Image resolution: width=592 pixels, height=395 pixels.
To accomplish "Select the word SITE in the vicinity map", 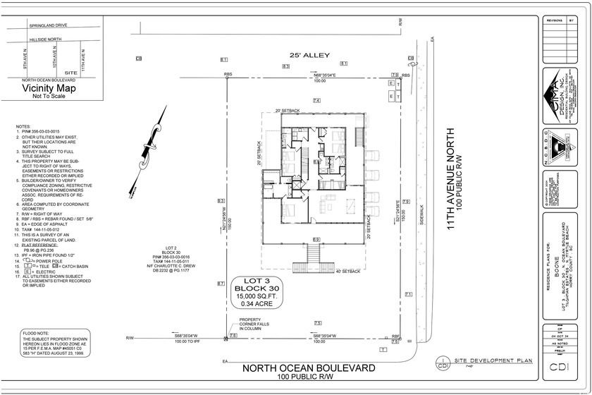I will coord(70,73).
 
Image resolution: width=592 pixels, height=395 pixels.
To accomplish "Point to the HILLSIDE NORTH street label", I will coord(45,39).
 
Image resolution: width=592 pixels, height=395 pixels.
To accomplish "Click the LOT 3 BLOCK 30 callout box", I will coord(257,290).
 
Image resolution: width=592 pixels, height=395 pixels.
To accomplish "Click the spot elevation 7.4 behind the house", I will coord(316,102).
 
